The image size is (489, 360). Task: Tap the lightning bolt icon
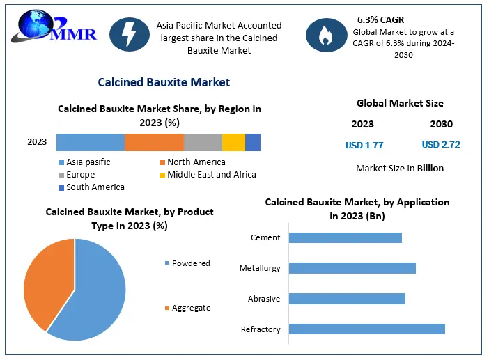point(128,35)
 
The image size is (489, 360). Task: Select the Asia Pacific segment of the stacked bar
point(90,142)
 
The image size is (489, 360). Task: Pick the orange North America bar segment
point(154,142)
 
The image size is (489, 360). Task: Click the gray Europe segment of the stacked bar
point(203,142)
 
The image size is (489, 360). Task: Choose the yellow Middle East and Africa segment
point(233,142)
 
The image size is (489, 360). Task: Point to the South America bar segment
point(253,142)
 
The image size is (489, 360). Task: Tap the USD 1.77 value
point(364,146)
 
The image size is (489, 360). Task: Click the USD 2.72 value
point(441,145)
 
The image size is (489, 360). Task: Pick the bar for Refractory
point(366,329)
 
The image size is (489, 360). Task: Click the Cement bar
point(345,237)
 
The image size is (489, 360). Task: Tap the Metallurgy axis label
point(260,268)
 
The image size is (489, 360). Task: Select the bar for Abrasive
point(346,299)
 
